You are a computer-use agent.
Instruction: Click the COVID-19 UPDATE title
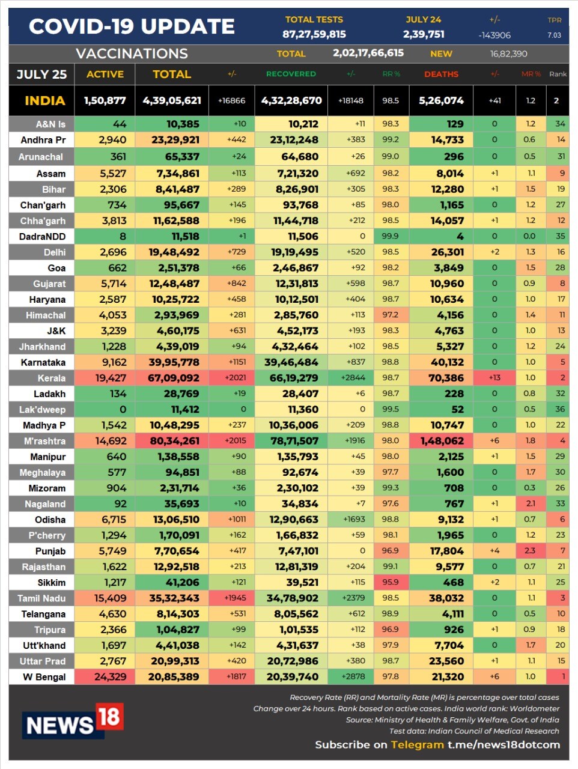click(132, 26)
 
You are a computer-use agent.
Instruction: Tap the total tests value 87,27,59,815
click(314, 34)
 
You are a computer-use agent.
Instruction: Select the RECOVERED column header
click(291, 74)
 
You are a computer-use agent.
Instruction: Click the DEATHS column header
click(441, 74)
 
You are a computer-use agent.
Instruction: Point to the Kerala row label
click(51, 378)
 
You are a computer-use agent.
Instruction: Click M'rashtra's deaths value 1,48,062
click(442, 441)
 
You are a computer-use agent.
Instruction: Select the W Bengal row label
click(44, 677)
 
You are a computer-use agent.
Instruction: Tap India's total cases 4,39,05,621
click(172, 100)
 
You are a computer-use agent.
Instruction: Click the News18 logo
click(73, 720)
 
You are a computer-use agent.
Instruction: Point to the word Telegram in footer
click(417, 744)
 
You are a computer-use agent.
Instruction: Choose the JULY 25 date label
click(41, 74)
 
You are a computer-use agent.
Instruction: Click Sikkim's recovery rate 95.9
click(390, 582)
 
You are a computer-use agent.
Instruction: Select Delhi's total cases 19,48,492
click(174, 252)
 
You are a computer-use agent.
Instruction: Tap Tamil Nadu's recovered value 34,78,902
click(293, 598)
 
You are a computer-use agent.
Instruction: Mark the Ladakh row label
click(49, 394)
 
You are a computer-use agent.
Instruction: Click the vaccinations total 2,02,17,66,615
click(368, 53)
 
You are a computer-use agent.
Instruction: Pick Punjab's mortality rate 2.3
click(529, 551)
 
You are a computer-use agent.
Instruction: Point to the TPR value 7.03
click(554, 35)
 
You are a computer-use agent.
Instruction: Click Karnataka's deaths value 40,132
click(447, 362)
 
